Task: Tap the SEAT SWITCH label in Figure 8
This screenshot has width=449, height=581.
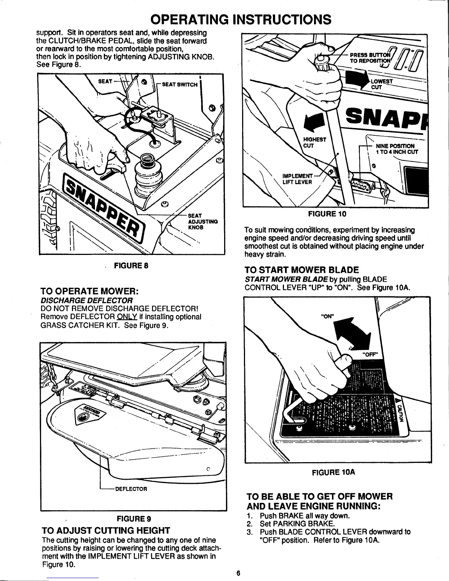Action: coord(179,85)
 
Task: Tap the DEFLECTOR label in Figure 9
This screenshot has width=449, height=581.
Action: coord(131,489)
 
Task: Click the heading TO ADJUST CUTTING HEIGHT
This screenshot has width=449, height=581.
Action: coord(106,530)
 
